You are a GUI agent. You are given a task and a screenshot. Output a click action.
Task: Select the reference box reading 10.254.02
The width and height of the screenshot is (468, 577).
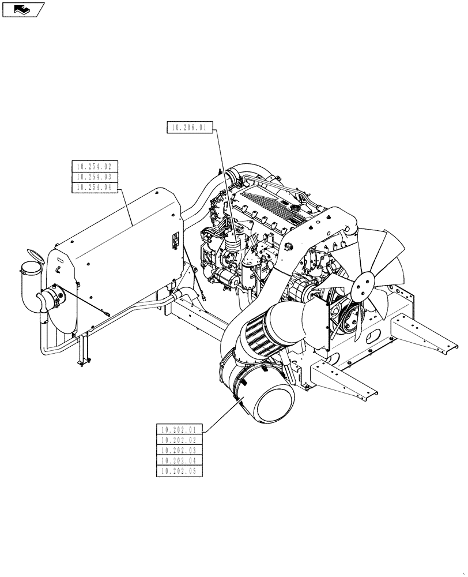coord(95,167)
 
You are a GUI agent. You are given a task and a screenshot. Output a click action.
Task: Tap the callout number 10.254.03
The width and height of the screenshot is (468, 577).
coord(95,177)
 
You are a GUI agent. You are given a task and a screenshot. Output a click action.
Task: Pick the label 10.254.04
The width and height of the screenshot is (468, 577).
coord(95,188)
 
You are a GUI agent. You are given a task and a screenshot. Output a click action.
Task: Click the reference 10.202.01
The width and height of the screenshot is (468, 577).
coord(179,430)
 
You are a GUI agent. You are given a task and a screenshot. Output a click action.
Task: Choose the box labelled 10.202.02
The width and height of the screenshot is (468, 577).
coord(179,440)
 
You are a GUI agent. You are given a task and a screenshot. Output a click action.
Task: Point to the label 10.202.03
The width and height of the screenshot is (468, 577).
coord(179,451)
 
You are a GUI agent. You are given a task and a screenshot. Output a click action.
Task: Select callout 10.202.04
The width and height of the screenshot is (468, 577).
coord(179,461)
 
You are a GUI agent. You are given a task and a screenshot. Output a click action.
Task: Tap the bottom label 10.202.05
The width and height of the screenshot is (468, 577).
coord(179,471)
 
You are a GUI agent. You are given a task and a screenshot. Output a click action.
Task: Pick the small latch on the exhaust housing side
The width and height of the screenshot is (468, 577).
coord(173,242)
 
